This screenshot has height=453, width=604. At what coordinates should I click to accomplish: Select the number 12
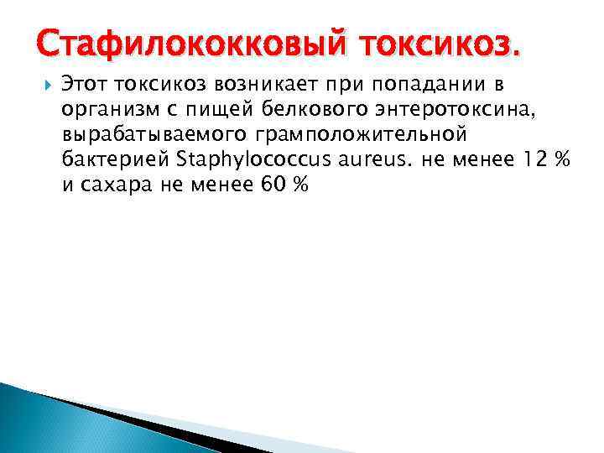click(528, 160)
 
